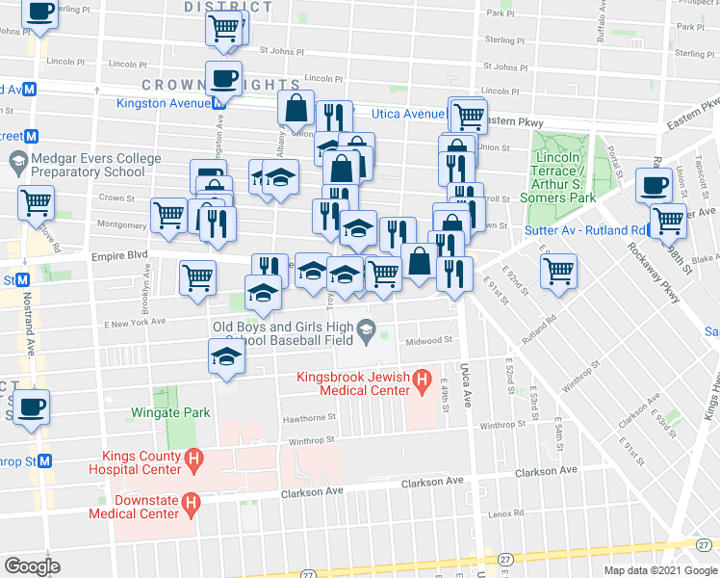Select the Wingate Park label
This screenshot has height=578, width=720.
tap(170, 412)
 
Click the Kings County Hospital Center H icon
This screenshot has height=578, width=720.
tap(193, 462)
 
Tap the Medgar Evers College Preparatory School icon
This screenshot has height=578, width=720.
tap(16, 159)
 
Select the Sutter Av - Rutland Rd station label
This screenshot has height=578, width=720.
tap(583, 230)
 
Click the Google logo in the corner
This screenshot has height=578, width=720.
tap(32, 565)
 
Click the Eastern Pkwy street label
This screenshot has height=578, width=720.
tap(510, 122)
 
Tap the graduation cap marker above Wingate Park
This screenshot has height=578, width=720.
tap(226, 356)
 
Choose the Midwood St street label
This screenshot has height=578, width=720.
tap(429, 340)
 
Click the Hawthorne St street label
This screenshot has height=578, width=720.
tap(308, 419)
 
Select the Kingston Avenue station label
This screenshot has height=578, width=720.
tap(164, 103)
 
